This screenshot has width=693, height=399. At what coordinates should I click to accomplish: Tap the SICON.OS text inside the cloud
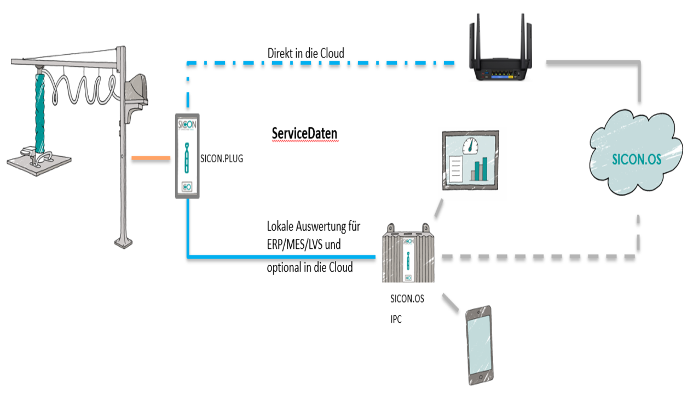coord(636,159)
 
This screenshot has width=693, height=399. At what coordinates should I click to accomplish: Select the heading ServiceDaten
coord(304,134)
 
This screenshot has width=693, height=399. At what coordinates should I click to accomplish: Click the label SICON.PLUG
coord(222,159)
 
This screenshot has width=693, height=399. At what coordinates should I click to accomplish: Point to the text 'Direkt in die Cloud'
coord(305,53)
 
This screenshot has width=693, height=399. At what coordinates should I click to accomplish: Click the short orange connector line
coord(151,159)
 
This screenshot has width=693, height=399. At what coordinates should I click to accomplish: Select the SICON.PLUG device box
coord(187,156)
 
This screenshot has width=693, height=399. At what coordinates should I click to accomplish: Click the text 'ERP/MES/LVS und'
coord(303,244)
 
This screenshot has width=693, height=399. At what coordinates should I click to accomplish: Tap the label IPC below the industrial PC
coord(396,320)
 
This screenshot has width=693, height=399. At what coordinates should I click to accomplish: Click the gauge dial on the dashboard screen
coord(470,145)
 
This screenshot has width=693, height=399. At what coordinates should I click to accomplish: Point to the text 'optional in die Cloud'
coord(309,268)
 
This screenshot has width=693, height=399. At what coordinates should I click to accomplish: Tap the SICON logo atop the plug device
coord(187,124)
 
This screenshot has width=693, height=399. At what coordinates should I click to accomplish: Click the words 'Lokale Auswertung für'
coord(313,226)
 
